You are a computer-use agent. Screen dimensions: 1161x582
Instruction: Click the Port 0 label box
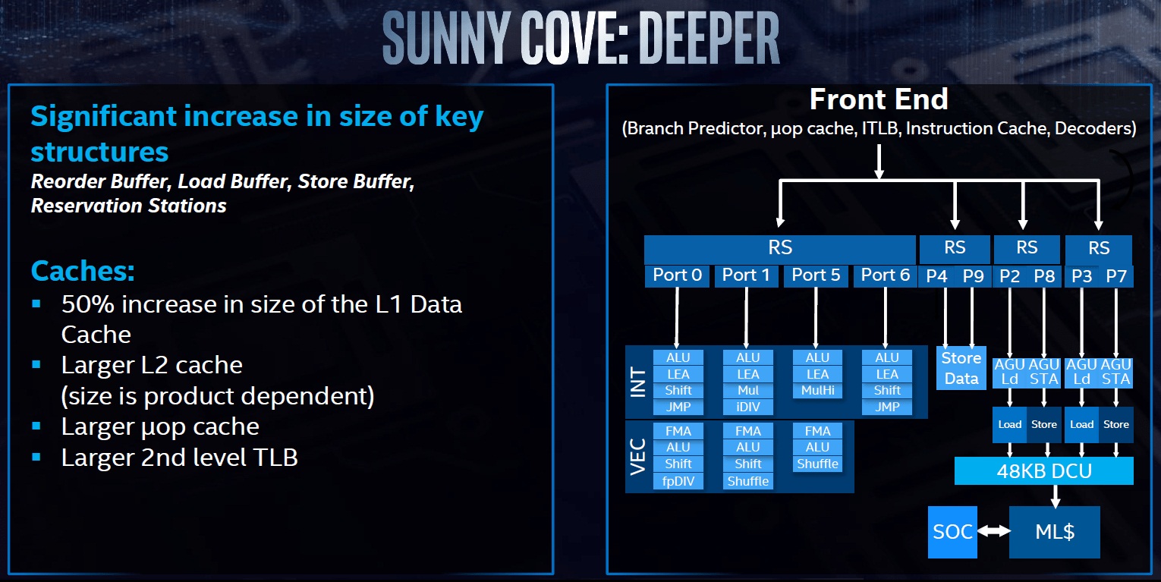pyautogui.click(x=676, y=275)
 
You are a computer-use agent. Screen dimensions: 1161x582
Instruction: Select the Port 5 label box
pyautogui.click(x=816, y=275)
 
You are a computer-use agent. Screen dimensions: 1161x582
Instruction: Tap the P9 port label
pyautogui.click(x=973, y=276)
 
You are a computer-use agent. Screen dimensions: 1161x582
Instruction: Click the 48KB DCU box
pyautogui.click(x=1044, y=470)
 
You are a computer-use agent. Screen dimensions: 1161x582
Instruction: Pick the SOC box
pyautogui.click(x=952, y=532)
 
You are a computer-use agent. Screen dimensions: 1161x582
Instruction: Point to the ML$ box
pyautogui.click(x=1055, y=532)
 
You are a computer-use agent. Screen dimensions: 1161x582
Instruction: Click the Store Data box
pyautogui.click(x=961, y=368)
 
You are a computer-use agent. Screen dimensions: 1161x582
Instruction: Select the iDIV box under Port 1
pyautogui.click(x=748, y=407)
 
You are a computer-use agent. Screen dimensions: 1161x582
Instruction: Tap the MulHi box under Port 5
pyautogui.click(x=817, y=390)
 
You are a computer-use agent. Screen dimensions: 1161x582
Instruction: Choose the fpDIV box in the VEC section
pyautogui.click(x=678, y=481)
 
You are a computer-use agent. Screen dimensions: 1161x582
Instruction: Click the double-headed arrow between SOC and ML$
pyautogui.click(x=993, y=531)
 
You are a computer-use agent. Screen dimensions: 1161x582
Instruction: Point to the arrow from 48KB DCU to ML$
pyautogui.click(x=1056, y=496)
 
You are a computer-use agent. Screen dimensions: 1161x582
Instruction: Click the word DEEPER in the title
pyautogui.click(x=709, y=38)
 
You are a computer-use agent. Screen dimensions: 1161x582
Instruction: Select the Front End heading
pyautogui.click(x=879, y=99)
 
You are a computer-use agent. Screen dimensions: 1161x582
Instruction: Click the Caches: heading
pyautogui.click(x=83, y=271)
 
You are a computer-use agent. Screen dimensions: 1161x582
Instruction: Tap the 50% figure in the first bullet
pyautogui.click(x=87, y=304)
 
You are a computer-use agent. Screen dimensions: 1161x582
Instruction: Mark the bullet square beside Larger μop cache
pyautogui.click(x=36, y=426)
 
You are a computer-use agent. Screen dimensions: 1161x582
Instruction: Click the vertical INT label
pyautogui.click(x=639, y=382)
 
